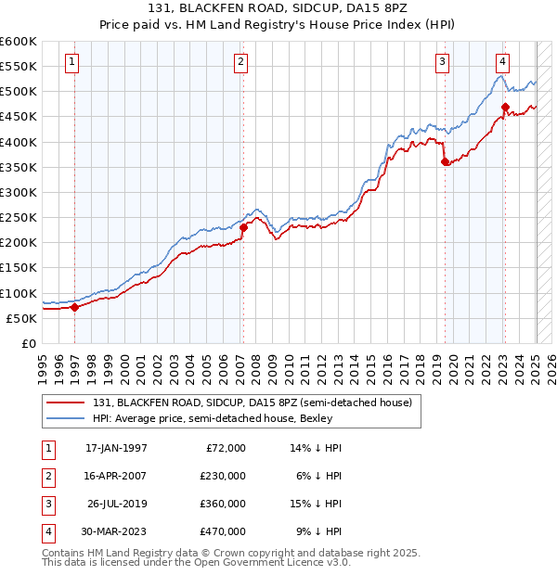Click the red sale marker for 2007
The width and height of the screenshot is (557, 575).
[243, 227]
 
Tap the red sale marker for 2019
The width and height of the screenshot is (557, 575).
[445, 161]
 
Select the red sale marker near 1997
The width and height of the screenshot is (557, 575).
[74, 308]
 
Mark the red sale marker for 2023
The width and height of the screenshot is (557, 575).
[505, 107]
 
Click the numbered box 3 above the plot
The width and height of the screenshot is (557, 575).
[443, 62]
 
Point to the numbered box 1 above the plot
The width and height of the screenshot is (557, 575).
[72, 62]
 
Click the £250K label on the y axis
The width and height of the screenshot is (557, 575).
[19, 218]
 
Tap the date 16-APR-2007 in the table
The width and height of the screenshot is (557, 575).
[116, 476]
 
